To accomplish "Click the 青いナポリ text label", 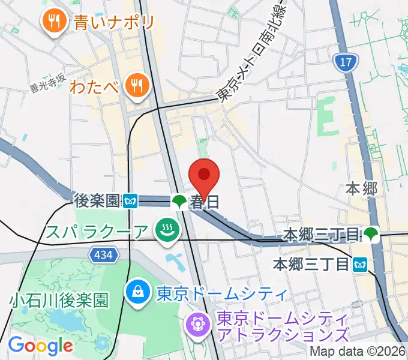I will [x=114, y=23].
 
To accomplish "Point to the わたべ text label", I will [x=94, y=87].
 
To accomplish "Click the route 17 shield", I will [x=343, y=61].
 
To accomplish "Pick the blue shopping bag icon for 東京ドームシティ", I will [x=138, y=293].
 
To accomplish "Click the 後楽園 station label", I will [x=97, y=200].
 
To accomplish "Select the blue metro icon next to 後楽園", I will [x=130, y=202].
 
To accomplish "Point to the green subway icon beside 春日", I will [x=179, y=202].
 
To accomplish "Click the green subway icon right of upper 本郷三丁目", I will [x=371, y=233].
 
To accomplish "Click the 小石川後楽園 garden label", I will [x=59, y=299].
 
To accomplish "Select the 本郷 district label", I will [x=362, y=188].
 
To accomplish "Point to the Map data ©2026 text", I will [x=358, y=352].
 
